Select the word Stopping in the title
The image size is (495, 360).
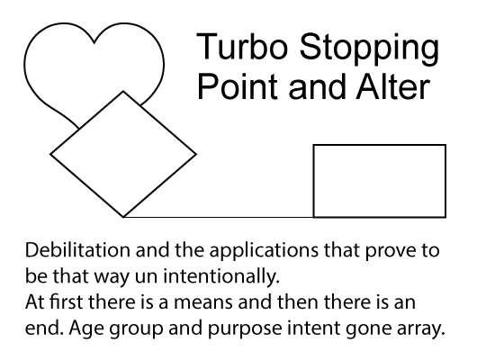tap(369, 49)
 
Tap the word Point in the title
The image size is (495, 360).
tap(238, 85)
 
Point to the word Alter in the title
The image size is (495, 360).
tap(393, 85)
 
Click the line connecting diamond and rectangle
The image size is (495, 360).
tap(218, 217)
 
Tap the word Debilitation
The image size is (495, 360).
tap(77, 250)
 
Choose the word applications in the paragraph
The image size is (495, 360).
tap(264, 252)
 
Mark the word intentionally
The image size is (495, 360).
tap(221, 278)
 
